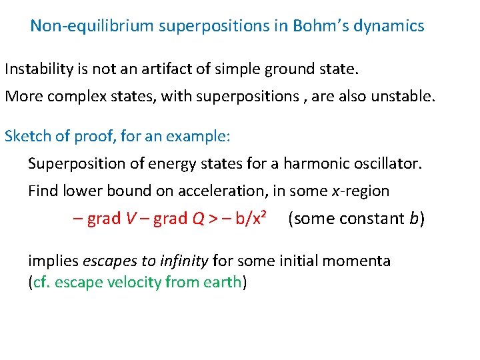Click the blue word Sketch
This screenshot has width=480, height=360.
[x=25, y=137]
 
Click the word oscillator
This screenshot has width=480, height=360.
[x=389, y=164]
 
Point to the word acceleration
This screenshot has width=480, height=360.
[x=222, y=191]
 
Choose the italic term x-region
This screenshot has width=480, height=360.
[x=360, y=191]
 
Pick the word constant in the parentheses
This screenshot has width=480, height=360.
[x=367, y=219]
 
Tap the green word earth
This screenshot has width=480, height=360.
[x=222, y=282]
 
